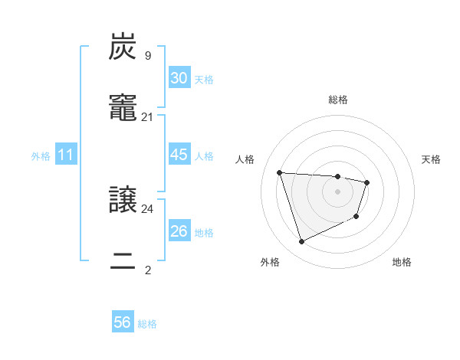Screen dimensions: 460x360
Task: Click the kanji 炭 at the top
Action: (x=123, y=47)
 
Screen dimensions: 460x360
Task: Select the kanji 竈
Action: (x=123, y=110)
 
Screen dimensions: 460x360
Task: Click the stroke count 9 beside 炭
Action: (x=148, y=55)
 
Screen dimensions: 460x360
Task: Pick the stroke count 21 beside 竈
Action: (x=148, y=116)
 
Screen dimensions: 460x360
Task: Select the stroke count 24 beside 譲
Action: (x=148, y=208)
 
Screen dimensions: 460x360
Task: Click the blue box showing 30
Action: (x=179, y=78)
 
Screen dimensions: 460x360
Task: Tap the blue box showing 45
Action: (x=179, y=155)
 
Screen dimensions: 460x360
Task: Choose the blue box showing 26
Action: (x=179, y=231)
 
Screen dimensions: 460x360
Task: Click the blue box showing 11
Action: (x=66, y=155)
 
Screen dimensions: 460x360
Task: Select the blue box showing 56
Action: (x=123, y=322)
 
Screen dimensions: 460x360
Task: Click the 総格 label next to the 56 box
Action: (x=147, y=324)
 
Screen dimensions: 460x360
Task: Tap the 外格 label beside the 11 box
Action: (x=41, y=156)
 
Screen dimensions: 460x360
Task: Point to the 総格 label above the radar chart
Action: (x=338, y=100)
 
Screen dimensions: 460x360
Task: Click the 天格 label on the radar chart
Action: (x=431, y=159)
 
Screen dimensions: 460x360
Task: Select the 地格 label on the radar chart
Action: (x=402, y=263)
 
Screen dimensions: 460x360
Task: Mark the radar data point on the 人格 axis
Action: (x=280, y=172)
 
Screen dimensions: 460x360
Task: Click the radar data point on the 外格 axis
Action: (x=301, y=242)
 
